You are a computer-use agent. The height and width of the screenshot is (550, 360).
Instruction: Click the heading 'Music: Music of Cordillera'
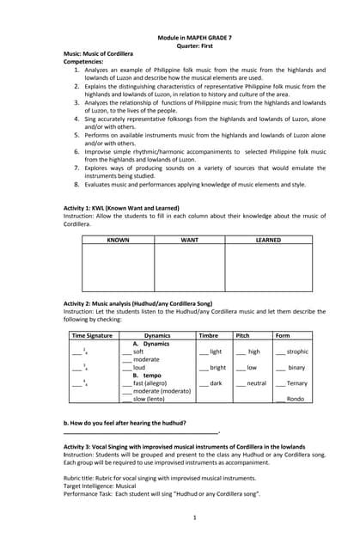(98, 54)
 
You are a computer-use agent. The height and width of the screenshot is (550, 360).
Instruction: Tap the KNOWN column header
(118, 240)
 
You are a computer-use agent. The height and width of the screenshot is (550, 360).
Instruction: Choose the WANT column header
(189, 240)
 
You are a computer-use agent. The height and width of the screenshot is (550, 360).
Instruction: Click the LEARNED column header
(268, 240)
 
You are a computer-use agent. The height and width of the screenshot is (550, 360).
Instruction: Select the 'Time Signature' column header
(92, 335)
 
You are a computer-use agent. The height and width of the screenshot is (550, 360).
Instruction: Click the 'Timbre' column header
(208, 335)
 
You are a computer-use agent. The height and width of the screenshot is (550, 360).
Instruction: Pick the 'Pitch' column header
(243, 335)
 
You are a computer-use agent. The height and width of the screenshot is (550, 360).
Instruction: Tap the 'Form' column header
(283, 335)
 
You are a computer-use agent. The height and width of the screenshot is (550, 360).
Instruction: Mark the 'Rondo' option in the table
(295, 399)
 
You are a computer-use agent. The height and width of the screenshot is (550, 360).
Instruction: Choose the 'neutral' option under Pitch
(256, 383)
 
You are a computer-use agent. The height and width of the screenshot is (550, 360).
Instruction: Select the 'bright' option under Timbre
(217, 368)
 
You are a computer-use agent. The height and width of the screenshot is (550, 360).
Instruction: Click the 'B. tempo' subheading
(147, 376)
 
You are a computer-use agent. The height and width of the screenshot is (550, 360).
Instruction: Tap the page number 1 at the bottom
(195, 517)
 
